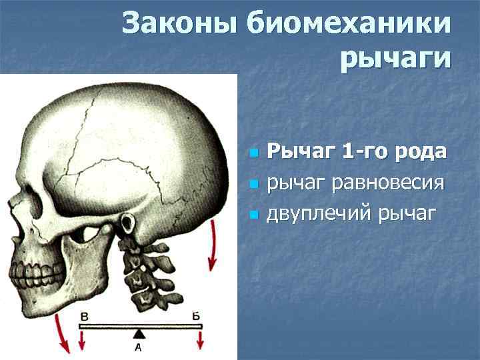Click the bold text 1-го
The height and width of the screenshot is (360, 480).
pos(365,151)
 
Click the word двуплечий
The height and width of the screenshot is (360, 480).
pos(319,213)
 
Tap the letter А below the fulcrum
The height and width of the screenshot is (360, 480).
pos(138,347)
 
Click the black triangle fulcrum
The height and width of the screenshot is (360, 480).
pos(138,333)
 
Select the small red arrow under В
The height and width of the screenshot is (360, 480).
pos(82,340)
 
